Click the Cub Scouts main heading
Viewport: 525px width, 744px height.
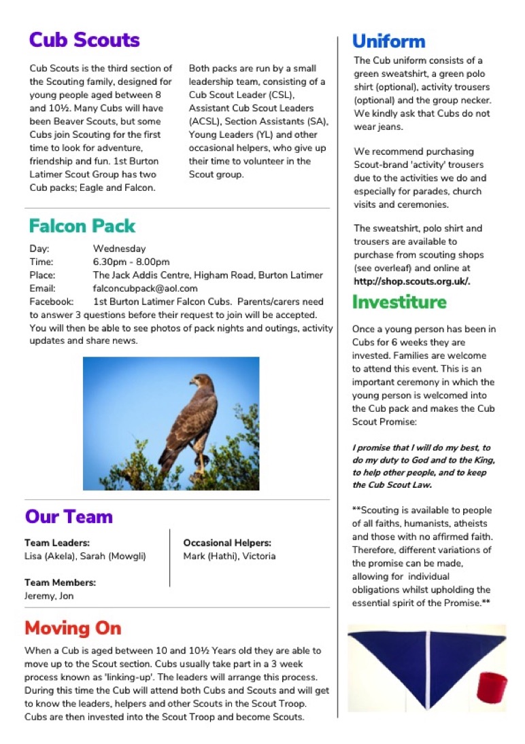pos(84,40)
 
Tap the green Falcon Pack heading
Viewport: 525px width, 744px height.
pos(82,226)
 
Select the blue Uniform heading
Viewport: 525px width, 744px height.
pos(388,41)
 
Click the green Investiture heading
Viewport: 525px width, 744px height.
pos(399,302)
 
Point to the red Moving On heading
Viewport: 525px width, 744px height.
pos(73,628)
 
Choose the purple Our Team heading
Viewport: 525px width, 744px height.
pos(69,516)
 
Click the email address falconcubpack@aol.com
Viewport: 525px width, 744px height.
pos(146,288)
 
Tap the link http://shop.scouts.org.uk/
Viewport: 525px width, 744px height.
pos(411,281)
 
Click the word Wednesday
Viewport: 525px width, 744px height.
pos(119,249)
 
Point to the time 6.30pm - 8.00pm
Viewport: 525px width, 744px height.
pos(131,262)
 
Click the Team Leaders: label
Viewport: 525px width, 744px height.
pos(57,543)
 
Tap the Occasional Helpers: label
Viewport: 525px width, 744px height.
pos(227,543)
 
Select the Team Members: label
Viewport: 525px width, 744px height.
pos(60,582)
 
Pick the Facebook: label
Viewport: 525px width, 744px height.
pos(51,301)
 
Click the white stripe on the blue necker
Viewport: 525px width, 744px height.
pos(427,669)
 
